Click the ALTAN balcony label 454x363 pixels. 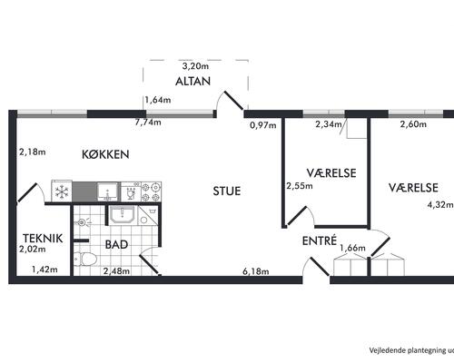[192, 81]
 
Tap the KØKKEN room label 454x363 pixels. [105, 154]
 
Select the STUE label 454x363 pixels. [227, 191]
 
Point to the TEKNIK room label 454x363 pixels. [43, 239]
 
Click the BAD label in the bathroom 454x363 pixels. [116, 244]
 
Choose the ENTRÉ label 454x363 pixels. [320, 240]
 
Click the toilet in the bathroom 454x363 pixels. [85, 260]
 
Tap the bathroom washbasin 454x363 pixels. [122, 214]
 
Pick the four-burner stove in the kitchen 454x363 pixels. [151, 191]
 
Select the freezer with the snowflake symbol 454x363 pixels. [62, 191]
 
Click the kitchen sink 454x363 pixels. [108, 191]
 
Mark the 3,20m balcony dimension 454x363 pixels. [195, 66]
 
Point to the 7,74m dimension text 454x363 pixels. [148, 123]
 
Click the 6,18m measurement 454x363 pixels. [256, 271]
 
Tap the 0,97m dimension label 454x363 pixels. [263, 124]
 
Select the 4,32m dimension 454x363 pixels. [440, 205]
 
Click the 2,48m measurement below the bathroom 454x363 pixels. [116, 270]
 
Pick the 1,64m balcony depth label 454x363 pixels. [158, 100]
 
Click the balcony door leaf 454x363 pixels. [233, 101]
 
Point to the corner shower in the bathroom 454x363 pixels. [147, 216]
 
